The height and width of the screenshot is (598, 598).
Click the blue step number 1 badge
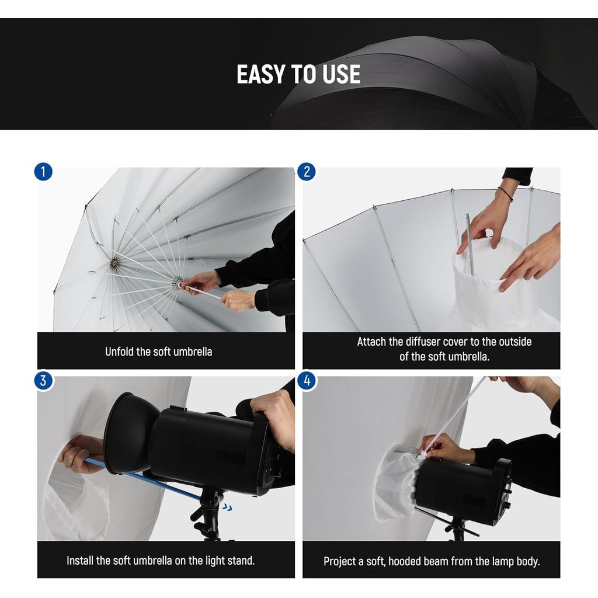coord(43,172)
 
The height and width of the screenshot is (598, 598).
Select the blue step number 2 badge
coord(307,172)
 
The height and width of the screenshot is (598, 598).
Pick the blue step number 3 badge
coord(43,381)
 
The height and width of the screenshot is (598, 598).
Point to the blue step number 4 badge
coord(307,381)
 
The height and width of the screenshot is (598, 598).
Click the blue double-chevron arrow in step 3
coord(228,507)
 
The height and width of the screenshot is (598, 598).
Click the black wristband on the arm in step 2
coord(506,193)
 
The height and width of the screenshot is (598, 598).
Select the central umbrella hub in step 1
coord(114,263)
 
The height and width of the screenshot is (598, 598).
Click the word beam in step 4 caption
coord(461,561)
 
